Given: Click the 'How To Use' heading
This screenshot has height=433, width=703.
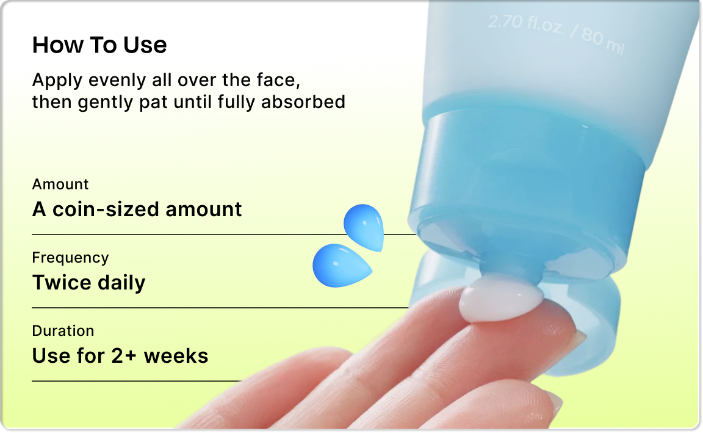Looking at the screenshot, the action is coord(99,45).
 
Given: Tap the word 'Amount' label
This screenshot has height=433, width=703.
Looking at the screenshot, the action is coord(60,184).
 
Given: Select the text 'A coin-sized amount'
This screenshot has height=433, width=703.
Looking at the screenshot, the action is coord(137,209).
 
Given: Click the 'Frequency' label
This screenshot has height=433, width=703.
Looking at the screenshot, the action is coord(70,258).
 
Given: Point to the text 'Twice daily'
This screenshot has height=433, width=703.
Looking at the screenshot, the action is coord(88,283).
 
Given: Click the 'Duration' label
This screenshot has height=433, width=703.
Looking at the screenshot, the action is coord(63,330).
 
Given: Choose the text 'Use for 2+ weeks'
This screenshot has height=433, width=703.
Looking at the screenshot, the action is coord(120,356).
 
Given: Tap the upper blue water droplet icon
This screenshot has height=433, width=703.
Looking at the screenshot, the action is coord(364,227).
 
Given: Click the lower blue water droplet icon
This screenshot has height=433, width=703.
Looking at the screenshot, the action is coord(342,265).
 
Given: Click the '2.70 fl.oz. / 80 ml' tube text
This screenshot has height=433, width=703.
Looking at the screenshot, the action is coord(556,34).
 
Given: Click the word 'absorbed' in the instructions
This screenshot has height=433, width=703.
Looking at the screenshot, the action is coord(303,102).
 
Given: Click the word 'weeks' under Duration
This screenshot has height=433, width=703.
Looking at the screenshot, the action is coord(176,356).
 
